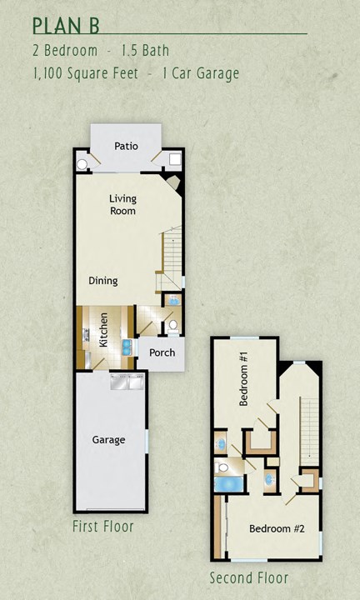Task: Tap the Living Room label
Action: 122,205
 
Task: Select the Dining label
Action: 103,281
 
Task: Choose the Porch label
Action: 162,352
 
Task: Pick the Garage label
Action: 108,439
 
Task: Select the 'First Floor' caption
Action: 103,527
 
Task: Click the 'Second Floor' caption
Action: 248,577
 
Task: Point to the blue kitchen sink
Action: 127,347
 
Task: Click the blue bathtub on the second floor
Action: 225,482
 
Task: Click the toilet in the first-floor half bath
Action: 172,325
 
